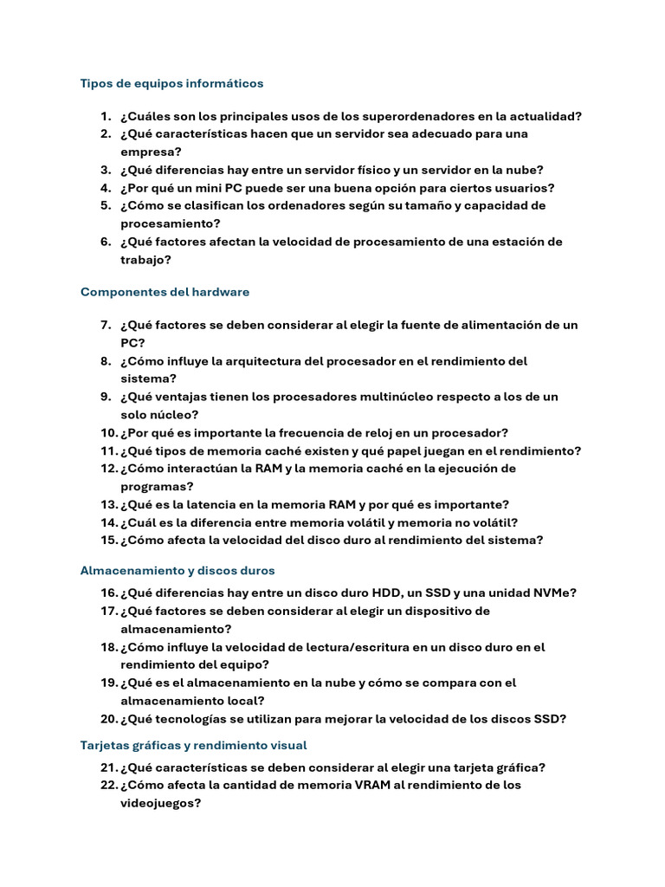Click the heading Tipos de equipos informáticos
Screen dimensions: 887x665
point(171,84)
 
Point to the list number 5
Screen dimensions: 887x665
point(105,206)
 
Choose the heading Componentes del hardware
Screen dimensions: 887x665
point(165,293)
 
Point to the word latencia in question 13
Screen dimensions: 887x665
point(210,505)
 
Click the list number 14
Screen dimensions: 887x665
point(108,522)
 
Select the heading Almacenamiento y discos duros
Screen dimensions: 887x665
point(178,571)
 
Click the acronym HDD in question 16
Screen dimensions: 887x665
point(387,593)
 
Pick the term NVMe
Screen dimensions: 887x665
point(549,593)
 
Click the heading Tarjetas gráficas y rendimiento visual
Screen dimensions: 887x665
point(193,746)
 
